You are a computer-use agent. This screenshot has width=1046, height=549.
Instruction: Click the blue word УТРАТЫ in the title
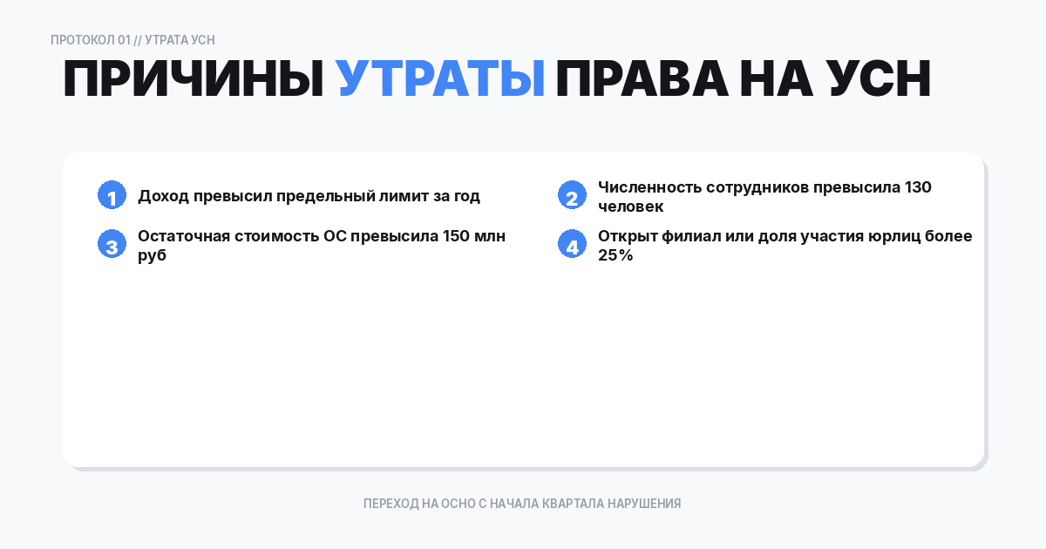point(440,80)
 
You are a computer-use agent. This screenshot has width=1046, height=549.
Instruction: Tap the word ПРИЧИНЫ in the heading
point(194,80)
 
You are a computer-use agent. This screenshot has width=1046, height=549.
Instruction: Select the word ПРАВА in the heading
point(641,80)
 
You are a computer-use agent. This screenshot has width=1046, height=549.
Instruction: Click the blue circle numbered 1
point(112,196)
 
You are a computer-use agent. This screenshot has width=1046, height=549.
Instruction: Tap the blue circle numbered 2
point(572,196)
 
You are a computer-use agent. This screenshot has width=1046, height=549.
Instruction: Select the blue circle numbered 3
point(112,245)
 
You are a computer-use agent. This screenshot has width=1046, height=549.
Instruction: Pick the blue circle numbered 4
point(572,245)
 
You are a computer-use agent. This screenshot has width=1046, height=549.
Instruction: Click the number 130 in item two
point(918,187)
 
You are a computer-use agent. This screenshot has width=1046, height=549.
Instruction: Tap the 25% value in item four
point(615,255)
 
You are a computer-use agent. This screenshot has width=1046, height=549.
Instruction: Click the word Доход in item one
point(163,196)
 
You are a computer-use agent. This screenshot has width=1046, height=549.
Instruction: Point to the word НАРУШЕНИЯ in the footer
point(643,504)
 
